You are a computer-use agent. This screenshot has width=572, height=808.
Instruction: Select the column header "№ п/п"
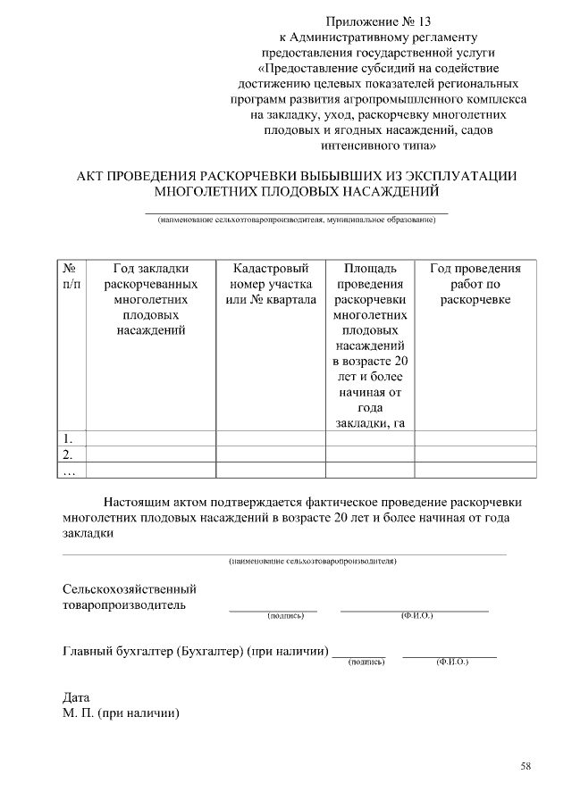pyautogui.click(x=71, y=276)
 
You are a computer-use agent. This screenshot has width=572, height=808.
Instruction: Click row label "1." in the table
pyautogui.click(x=69, y=437)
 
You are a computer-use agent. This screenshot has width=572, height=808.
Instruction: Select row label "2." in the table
pyautogui.click(x=69, y=454)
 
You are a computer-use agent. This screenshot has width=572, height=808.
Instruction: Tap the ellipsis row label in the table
pyautogui.click(x=69, y=470)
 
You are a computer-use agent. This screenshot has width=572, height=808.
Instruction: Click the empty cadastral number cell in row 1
pyautogui.click(x=271, y=437)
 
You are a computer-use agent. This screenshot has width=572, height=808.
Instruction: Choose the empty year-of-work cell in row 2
pyautogui.click(x=475, y=454)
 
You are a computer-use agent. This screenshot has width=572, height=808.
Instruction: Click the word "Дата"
pyautogui.click(x=76, y=697)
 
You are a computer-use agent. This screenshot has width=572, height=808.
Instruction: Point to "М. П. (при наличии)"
pyautogui.click(x=122, y=713)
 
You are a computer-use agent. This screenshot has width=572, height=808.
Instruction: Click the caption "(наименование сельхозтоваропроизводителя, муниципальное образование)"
pyautogui.click(x=296, y=220)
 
